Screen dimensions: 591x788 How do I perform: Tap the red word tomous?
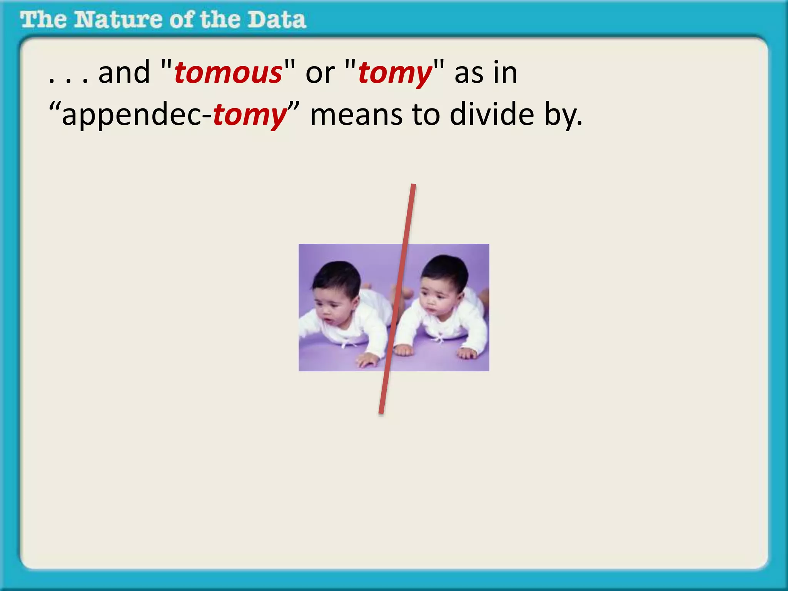click(x=228, y=73)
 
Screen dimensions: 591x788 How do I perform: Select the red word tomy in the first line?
click(x=395, y=73)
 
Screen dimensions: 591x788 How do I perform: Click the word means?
click(x=356, y=115)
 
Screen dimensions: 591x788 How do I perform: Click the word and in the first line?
click(x=124, y=73)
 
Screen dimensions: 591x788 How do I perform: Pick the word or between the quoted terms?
click(x=320, y=73)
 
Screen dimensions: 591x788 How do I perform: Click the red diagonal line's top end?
click(x=413, y=186)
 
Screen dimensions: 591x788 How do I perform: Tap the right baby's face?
click(x=435, y=300)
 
